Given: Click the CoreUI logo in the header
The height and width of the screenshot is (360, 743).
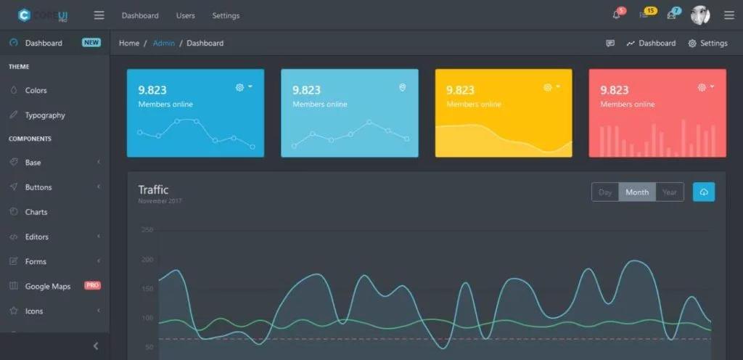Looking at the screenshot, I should [44, 15].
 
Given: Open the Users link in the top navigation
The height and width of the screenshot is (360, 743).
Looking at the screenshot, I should [185, 15].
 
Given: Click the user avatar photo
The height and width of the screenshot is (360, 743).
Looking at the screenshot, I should [699, 15].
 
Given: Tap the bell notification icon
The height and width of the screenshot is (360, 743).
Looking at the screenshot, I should [617, 15].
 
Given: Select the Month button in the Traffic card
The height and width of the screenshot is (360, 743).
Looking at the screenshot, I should [637, 192].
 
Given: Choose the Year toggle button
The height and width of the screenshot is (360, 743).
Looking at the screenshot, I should [669, 192].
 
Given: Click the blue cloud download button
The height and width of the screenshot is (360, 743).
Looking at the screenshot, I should [704, 192].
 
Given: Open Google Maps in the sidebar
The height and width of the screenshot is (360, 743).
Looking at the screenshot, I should [47, 286].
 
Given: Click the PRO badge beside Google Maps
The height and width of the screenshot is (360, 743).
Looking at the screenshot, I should [92, 285].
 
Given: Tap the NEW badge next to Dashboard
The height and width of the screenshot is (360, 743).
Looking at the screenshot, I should [91, 43].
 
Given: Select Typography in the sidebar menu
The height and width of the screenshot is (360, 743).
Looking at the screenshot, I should [45, 115].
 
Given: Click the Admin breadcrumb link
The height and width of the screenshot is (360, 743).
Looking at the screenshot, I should [163, 43].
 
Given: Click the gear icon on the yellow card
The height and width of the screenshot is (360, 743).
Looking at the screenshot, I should [548, 87].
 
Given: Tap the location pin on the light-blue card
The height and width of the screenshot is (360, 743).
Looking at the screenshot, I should [402, 87].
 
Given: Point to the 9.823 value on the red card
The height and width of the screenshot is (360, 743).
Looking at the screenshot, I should [614, 90].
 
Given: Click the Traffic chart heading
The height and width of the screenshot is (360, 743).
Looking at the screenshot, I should [153, 189].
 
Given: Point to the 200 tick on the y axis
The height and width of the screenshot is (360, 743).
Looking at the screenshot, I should [147, 259].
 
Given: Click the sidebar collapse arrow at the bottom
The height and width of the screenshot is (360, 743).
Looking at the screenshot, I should [96, 346].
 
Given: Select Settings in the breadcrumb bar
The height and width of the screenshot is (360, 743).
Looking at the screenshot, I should [707, 43].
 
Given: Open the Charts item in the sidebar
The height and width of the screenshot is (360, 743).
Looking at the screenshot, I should [36, 212].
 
